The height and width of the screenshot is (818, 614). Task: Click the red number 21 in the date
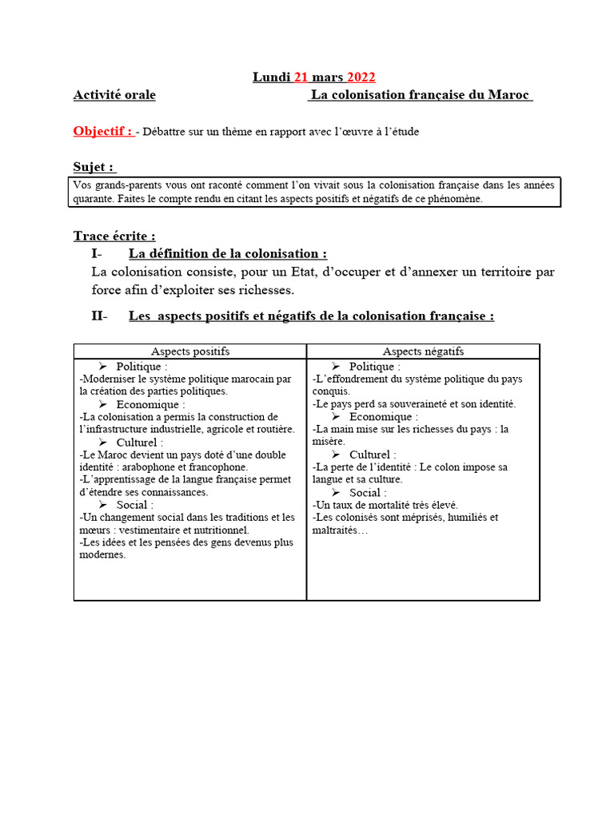301,77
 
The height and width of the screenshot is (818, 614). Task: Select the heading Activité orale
114,95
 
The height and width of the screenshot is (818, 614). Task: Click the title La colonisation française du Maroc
421,95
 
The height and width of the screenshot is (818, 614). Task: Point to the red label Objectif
102,131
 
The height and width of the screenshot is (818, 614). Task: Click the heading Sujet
94,167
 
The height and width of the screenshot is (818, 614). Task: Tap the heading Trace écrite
114,236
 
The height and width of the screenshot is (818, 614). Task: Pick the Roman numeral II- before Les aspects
99,316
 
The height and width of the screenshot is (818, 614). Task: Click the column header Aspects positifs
190,351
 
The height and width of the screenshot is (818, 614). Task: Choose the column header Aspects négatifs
423,351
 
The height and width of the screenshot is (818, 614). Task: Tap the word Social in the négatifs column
365,492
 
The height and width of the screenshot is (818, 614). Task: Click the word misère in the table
329,441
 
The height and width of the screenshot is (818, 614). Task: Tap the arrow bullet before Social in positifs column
103,505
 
